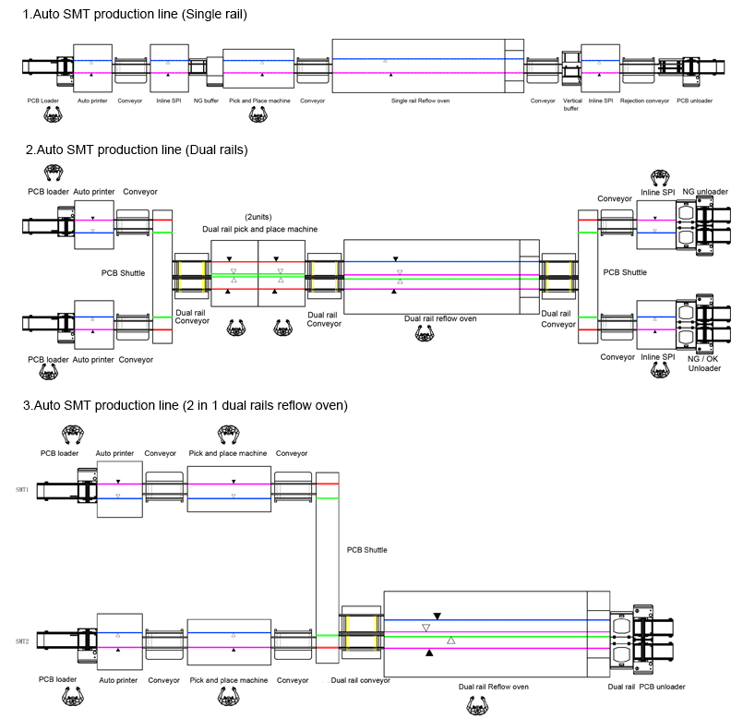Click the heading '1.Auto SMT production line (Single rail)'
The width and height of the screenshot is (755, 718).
[x=135, y=15]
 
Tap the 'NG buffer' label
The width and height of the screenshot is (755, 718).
[x=206, y=100]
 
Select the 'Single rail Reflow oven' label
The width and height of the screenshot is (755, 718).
[x=420, y=100]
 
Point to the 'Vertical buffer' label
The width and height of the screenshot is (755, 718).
[x=572, y=103]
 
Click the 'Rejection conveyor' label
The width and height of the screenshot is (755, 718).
[x=644, y=100]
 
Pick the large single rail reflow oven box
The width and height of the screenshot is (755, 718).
[x=420, y=66]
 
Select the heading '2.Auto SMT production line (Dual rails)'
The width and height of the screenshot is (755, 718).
[x=137, y=150]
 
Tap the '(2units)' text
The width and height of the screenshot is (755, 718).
[x=258, y=217]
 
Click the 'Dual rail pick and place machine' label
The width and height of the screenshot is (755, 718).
[x=260, y=229]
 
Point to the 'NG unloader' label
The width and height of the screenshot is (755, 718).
[x=705, y=192]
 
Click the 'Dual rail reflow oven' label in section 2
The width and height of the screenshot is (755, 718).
[x=440, y=318]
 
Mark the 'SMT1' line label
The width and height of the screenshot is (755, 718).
[x=22, y=489]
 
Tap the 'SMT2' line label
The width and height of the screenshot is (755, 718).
[x=22, y=640]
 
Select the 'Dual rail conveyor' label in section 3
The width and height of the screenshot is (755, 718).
[x=361, y=680]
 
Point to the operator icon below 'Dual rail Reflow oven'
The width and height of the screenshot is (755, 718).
[x=475, y=705]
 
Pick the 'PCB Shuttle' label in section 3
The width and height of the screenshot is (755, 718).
[x=367, y=549]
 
